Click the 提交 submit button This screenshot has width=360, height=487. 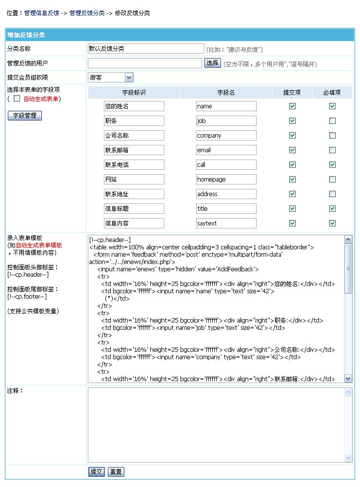coord(97,472)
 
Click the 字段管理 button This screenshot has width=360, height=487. coord(24,116)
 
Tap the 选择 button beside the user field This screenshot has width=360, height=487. coord(212,63)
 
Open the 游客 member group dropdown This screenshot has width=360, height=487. coord(129,78)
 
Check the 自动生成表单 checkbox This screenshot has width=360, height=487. coord(17,99)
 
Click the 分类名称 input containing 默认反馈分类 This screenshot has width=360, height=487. coord(146,49)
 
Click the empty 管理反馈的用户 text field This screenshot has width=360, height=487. coord(144,63)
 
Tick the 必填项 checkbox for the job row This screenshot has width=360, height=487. coord(332,121)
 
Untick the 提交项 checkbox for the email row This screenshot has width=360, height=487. coord(292,150)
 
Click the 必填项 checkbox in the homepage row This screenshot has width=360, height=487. coord(332,179)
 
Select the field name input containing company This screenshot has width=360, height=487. coord(226,135)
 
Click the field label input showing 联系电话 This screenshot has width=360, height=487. coord(134,164)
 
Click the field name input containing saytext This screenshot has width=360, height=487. coord(226,223)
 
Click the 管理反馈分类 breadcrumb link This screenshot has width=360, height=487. coord(87,13)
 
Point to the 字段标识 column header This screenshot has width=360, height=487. coord(134,92)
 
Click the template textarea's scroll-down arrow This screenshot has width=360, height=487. coord(348,378)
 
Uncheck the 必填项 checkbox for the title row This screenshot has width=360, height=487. coord(332,208)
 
